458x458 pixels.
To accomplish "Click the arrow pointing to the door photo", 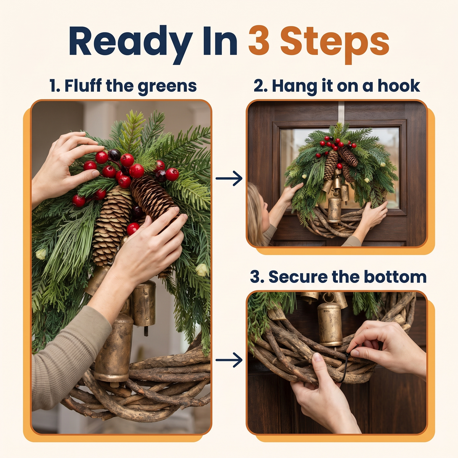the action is tap(229, 178).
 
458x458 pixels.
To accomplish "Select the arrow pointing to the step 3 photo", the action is tap(229, 360).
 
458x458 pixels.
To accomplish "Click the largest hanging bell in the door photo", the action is tap(334, 210).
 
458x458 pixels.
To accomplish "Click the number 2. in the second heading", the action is tap(261, 85).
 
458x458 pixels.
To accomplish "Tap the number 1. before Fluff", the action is tap(56, 85).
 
